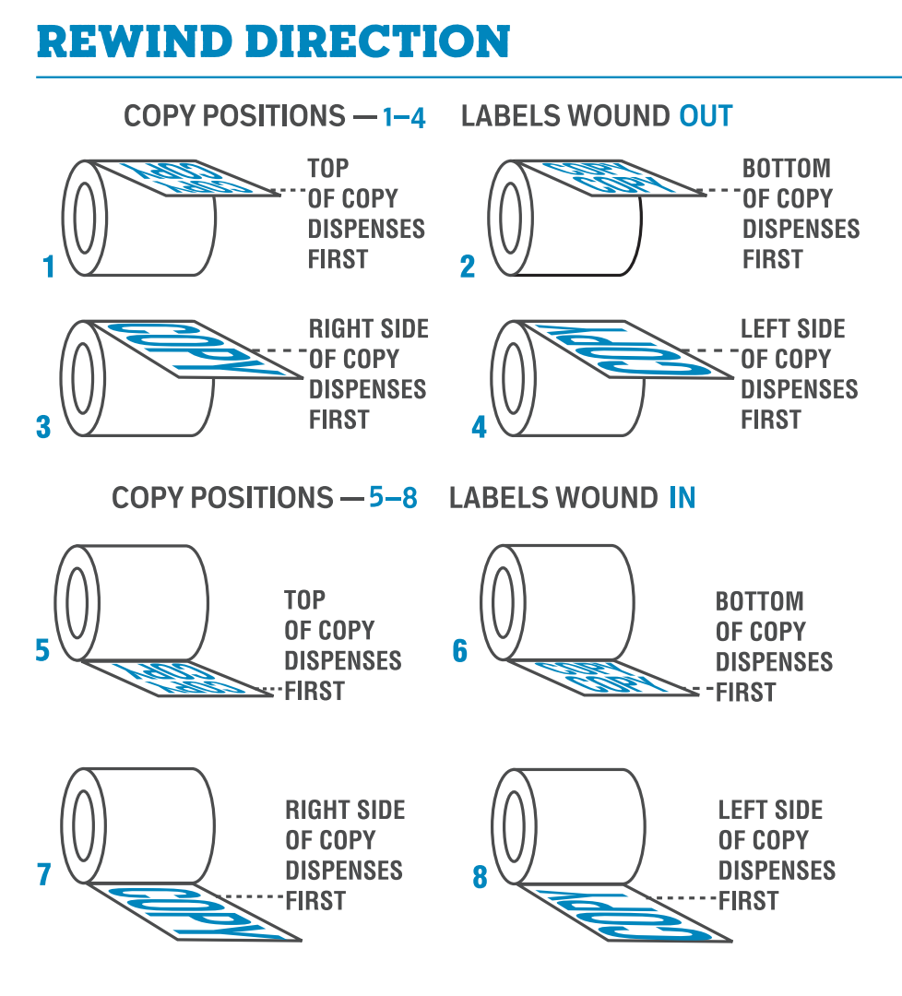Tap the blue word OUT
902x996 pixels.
click(706, 116)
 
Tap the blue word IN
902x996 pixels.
click(682, 499)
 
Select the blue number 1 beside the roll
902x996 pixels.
click(49, 267)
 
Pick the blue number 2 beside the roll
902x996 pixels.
click(468, 267)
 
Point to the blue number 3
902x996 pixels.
click(43, 428)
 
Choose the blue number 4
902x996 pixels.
click(479, 428)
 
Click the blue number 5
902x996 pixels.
click(42, 650)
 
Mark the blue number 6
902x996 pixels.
click(460, 651)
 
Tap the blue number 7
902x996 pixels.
click(43, 874)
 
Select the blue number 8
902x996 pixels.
click(480, 876)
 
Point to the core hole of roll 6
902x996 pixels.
click(504, 602)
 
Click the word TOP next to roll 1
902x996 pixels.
click(328, 169)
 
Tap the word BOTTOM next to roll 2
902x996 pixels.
click(786, 169)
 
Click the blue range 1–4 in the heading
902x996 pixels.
click(404, 118)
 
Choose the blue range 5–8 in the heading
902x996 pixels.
click(393, 499)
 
